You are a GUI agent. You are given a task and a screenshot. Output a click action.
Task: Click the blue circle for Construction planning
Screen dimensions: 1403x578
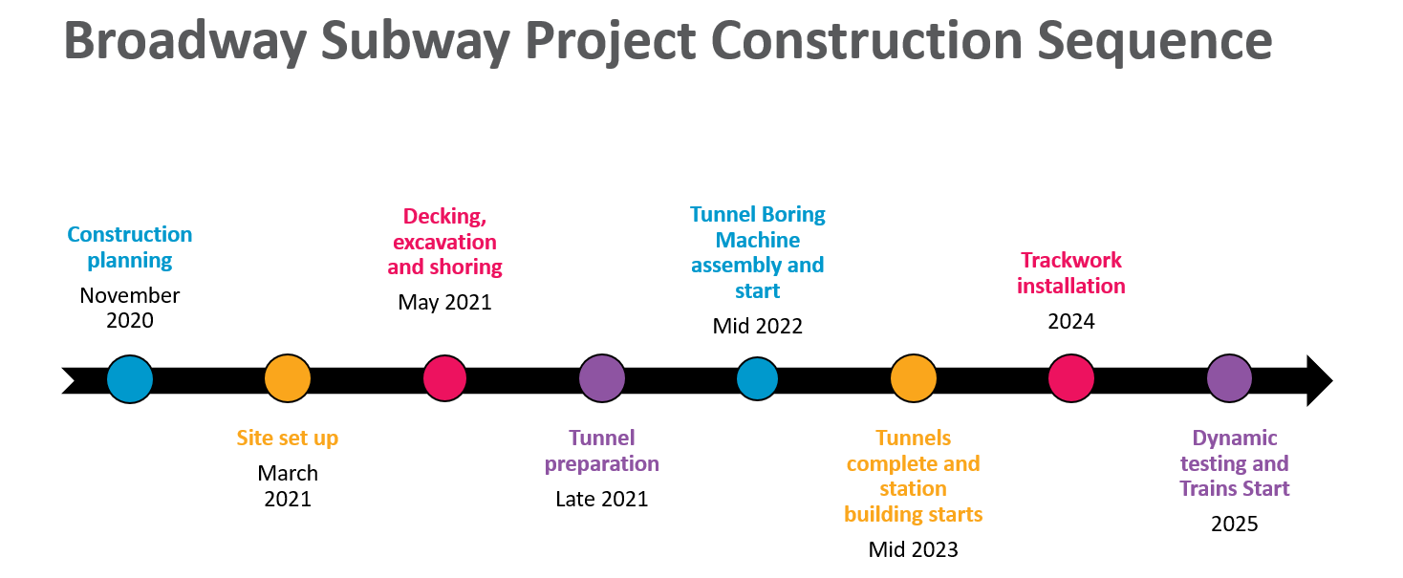pos(130,379)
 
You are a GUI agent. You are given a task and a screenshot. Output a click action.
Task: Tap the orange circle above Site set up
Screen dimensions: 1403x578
pos(288,378)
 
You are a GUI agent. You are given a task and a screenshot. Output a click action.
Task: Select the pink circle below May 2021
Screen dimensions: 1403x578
pos(444,378)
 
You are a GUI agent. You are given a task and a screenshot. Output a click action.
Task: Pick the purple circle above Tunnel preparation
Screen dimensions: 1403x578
pos(602,378)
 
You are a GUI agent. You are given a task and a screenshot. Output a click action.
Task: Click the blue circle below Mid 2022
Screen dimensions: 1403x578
pos(757,379)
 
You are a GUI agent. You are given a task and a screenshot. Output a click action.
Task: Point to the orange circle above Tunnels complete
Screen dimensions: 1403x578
pos(914,378)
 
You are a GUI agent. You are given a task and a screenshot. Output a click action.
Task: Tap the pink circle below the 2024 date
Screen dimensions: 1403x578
pos(1071,378)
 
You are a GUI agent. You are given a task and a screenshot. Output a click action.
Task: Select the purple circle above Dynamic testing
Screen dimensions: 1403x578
pos(1229,378)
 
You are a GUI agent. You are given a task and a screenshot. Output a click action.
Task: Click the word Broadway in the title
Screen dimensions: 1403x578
pos(184,41)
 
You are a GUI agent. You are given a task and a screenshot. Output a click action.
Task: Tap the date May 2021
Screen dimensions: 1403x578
pos(444,303)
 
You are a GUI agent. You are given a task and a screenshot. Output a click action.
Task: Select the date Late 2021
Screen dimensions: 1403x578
pos(601,499)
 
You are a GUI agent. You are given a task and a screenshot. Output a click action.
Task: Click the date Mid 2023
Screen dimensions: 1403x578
pos(914,550)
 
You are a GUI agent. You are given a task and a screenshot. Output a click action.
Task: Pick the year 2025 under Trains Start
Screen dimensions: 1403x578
pos(1235,524)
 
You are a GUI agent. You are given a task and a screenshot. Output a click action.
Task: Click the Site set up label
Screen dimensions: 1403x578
pos(288,439)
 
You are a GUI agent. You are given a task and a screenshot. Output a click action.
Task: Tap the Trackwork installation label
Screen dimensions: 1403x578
pos(1071,273)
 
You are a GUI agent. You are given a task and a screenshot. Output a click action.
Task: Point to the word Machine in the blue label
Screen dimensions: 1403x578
pos(757,240)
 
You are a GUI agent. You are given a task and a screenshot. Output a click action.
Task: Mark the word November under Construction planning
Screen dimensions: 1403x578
pos(130,295)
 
